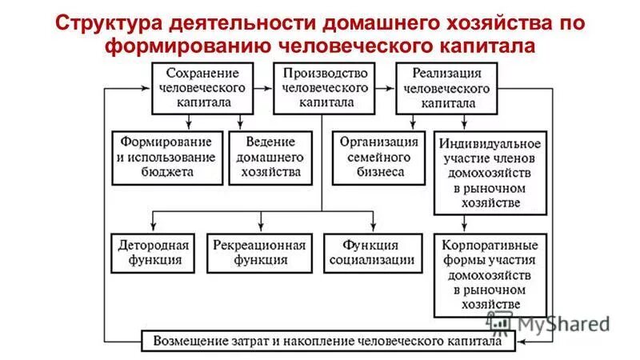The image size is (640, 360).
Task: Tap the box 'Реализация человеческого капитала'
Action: click(446, 88)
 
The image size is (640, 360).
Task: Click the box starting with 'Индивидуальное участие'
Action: click(490, 173)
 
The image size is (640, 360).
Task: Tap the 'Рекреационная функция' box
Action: click(258, 252)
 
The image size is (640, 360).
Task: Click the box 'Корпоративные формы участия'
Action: click(490, 274)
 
